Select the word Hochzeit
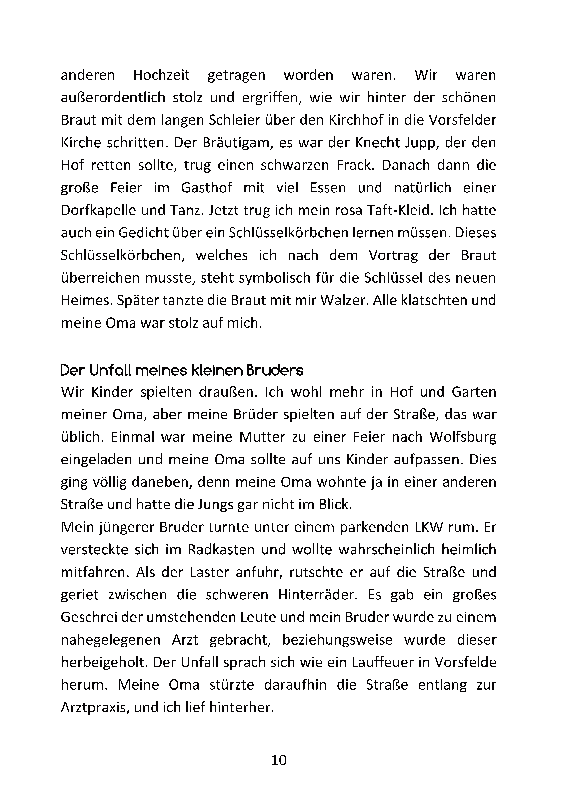162,75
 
